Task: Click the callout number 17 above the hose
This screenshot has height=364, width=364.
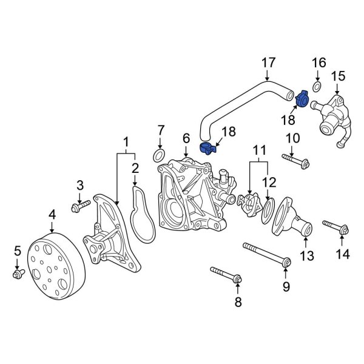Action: pos(268,62)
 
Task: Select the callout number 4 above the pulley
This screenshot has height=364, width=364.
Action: pos(52,214)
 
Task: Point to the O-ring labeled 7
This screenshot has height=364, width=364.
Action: pos(160,157)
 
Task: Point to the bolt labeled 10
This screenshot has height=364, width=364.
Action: pos(297,160)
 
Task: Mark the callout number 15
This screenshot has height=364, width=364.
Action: pos(337,76)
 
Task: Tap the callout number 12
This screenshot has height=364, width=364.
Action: pos(268,182)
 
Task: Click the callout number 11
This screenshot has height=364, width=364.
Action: pos(259,150)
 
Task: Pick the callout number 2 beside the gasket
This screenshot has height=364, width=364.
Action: pos(135,169)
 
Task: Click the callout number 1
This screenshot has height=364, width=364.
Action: pos(126,143)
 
